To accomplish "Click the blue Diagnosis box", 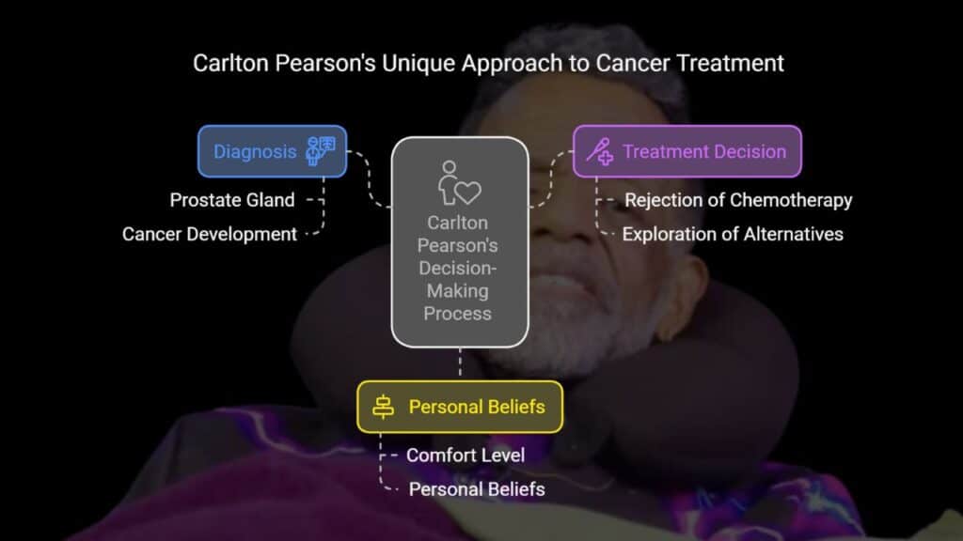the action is point(272,151).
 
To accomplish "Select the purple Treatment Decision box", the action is point(687,151).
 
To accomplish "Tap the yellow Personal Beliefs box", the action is point(459,407).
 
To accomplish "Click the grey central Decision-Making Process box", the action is point(460,242).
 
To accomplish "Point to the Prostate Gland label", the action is point(232,200).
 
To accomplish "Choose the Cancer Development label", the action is point(210,234).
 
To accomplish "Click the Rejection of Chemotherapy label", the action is point(738,200).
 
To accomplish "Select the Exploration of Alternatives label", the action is point(733,234).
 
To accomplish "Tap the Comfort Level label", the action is point(466,456).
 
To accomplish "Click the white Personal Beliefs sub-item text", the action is point(477,489).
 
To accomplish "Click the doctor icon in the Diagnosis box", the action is point(320,151).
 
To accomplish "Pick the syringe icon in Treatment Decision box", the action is point(599,151).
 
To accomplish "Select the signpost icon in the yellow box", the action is point(384,407).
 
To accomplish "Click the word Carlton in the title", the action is point(231,63).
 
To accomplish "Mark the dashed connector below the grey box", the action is point(460,363).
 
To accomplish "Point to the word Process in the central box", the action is point(458,314).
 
